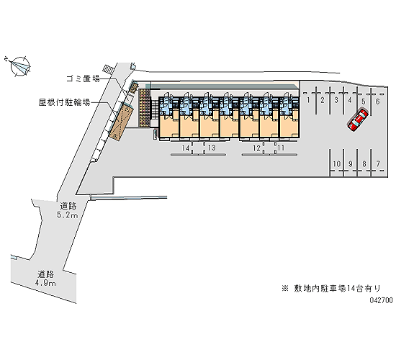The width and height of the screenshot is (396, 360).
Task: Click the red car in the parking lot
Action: pyautogui.click(x=358, y=120)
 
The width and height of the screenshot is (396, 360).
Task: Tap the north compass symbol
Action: pyautogui.click(x=20, y=66)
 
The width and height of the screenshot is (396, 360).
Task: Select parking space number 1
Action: pyautogui.click(x=308, y=100)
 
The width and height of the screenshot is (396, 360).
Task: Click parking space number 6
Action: pyautogui.click(x=377, y=102)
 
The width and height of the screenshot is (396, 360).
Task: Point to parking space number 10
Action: pyautogui.click(x=337, y=163)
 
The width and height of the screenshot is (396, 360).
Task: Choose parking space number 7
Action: pyautogui.click(x=378, y=163)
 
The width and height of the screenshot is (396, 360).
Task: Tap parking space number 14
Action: pyautogui.click(x=186, y=148)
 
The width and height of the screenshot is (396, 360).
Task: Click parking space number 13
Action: pyautogui.click(x=212, y=148)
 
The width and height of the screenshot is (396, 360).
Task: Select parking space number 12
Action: pyautogui.click(x=256, y=148)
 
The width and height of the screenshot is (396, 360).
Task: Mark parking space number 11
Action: pyautogui.click(x=281, y=148)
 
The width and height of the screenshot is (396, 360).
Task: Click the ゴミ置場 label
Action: pyautogui.click(x=83, y=78)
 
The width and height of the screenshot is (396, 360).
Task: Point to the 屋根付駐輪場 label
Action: pyautogui.click(x=64, y=102)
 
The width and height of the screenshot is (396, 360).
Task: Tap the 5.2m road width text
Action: pyautogui.click(x=67, y=215)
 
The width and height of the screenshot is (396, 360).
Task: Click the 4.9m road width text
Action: pyautogui.click(x=45, y=283)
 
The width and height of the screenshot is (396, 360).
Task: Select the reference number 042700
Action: pyautogui.click(x=382, y=300)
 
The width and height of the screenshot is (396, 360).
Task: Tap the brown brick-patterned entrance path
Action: pyautogui.click(x=144, y=109)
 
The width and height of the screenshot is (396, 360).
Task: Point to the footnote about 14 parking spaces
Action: pyautogui.click(x=331, y=288)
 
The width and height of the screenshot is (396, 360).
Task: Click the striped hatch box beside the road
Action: pyautogui.click(x=108, y=69)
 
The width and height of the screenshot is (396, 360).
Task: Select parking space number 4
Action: pyautogui.click(x=349, y=100)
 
